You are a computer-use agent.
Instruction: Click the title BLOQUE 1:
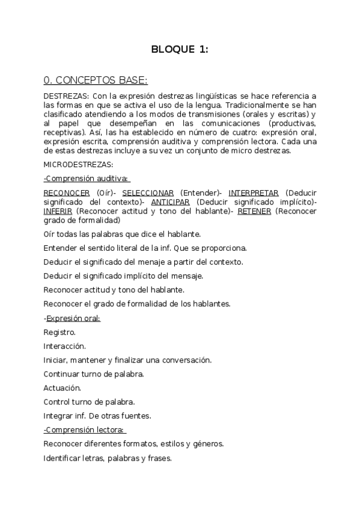[180, 50]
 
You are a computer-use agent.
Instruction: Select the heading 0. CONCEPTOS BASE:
[96, 80]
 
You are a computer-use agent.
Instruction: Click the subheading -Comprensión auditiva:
[87, 179]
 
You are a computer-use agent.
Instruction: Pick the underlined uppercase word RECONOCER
[67, 192]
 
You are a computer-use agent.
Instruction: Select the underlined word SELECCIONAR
[148, 192]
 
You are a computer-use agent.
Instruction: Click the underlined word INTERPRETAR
[254, 192]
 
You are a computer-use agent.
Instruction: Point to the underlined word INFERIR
[58, 212]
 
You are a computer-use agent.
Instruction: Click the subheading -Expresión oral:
[72, 318]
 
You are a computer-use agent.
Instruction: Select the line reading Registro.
[60, 332]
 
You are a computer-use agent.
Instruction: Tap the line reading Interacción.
[65, 346]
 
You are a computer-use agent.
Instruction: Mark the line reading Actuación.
[63, 388]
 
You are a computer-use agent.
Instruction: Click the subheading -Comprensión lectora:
[84, 429]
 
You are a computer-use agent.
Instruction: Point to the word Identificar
[64, 458]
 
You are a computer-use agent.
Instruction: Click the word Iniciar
[55, 360]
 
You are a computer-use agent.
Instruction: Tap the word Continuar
[63, 374]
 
